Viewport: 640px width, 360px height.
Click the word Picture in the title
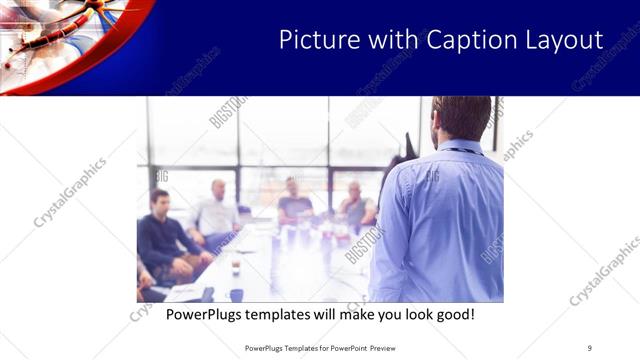pyautogui.click(x=312, y=39)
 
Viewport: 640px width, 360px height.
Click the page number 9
pyautogui.click(x=590, y=348)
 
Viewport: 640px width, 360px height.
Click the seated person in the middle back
pyautogui.click(x=294, y=200)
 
